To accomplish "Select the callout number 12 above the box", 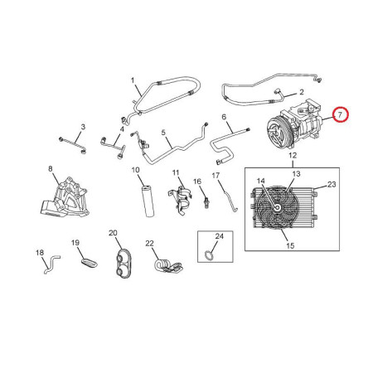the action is [293, 155].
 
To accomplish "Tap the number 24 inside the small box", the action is [219, 236].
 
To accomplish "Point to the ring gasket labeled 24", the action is [208, 255].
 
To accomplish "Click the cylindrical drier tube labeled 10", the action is [148, 201].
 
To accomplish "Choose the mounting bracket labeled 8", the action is [64, 197].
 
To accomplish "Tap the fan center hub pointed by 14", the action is [277, 207].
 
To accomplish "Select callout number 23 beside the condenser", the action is [332, 184].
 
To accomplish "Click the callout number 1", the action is [133, 80].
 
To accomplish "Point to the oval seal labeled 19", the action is [90, 263].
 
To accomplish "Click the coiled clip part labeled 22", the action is [168, 266].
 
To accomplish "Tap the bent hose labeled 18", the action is [51, 264].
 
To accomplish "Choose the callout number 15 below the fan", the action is [290, 245].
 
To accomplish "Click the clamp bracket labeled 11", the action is [180, 201].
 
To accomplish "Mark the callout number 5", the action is [163, 133].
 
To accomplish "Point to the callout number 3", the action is [83, 127].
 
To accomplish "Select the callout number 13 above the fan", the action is [296, 174].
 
